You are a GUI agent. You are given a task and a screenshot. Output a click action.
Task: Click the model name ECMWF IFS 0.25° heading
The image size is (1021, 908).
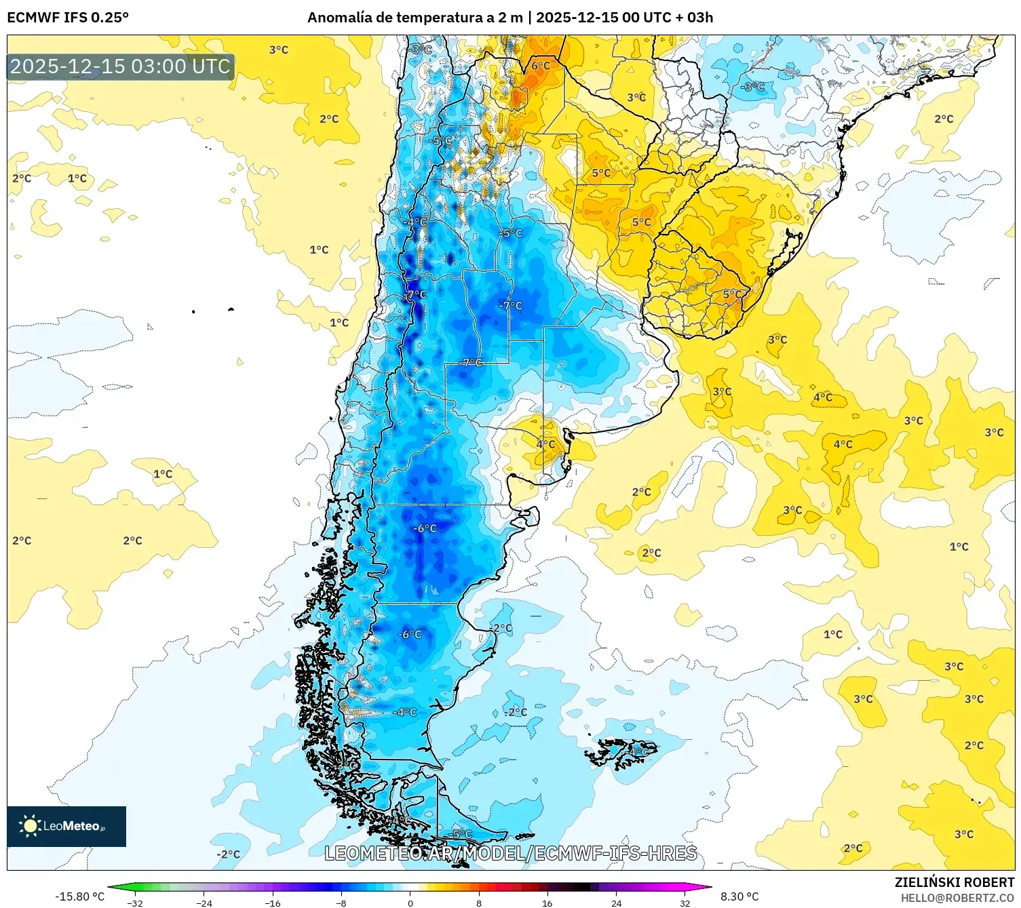tap(68, 18)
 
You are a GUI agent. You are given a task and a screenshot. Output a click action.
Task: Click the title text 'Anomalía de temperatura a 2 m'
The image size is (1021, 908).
tap(415, 18)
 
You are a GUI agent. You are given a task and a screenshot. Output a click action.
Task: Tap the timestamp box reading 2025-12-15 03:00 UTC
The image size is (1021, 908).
tap(120, 66)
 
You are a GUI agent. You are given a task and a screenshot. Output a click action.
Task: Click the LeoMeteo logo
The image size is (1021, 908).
tap(66, 826)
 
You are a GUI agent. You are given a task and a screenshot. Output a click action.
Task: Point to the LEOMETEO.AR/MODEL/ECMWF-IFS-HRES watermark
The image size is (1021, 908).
tap(510, 853)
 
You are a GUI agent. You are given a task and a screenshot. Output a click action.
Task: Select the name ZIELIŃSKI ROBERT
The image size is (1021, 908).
tap(954, 882)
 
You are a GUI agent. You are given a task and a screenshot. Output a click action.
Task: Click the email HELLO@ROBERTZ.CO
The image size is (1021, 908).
tap(957, 898)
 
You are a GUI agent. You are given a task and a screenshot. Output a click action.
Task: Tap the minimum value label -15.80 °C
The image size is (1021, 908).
tap(79, 896)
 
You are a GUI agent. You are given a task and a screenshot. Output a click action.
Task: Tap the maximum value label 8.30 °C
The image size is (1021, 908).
tap(739, 896)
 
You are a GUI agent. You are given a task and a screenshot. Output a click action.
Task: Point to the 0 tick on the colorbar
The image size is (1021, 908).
tap(410, 903)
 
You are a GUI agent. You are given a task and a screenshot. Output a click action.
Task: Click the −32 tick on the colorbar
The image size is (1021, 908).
tap(136, 903)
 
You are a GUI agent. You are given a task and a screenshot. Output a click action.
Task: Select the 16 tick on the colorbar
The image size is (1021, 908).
tap(547, 903)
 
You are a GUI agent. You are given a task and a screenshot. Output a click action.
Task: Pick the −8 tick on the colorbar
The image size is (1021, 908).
tap(341, 903)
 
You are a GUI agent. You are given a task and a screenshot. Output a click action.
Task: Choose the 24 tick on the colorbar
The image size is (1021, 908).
tap(616, 903)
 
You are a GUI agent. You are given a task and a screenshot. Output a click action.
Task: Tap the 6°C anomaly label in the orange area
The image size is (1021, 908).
tap(541, 66)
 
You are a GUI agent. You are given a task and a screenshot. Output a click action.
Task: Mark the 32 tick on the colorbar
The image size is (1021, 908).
tap(685, 903)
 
